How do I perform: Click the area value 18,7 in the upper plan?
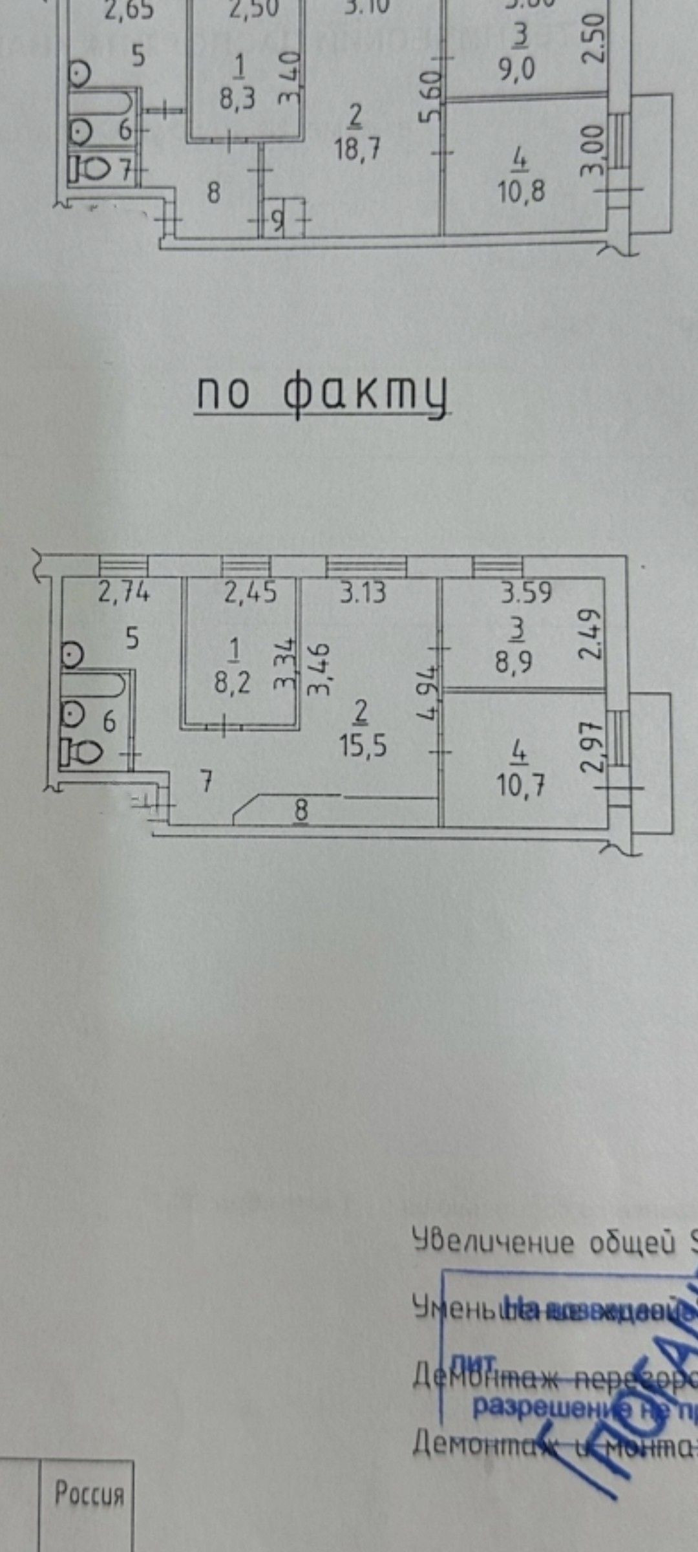[357, 149]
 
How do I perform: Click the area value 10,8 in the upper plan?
[522, 192]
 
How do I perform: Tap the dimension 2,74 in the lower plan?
[123, 592]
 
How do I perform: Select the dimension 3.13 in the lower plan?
[365, 592]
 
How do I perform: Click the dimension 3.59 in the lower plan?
[527, 593]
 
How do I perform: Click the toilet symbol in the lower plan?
[82, 753]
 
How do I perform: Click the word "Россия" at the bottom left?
[89, 1494]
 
